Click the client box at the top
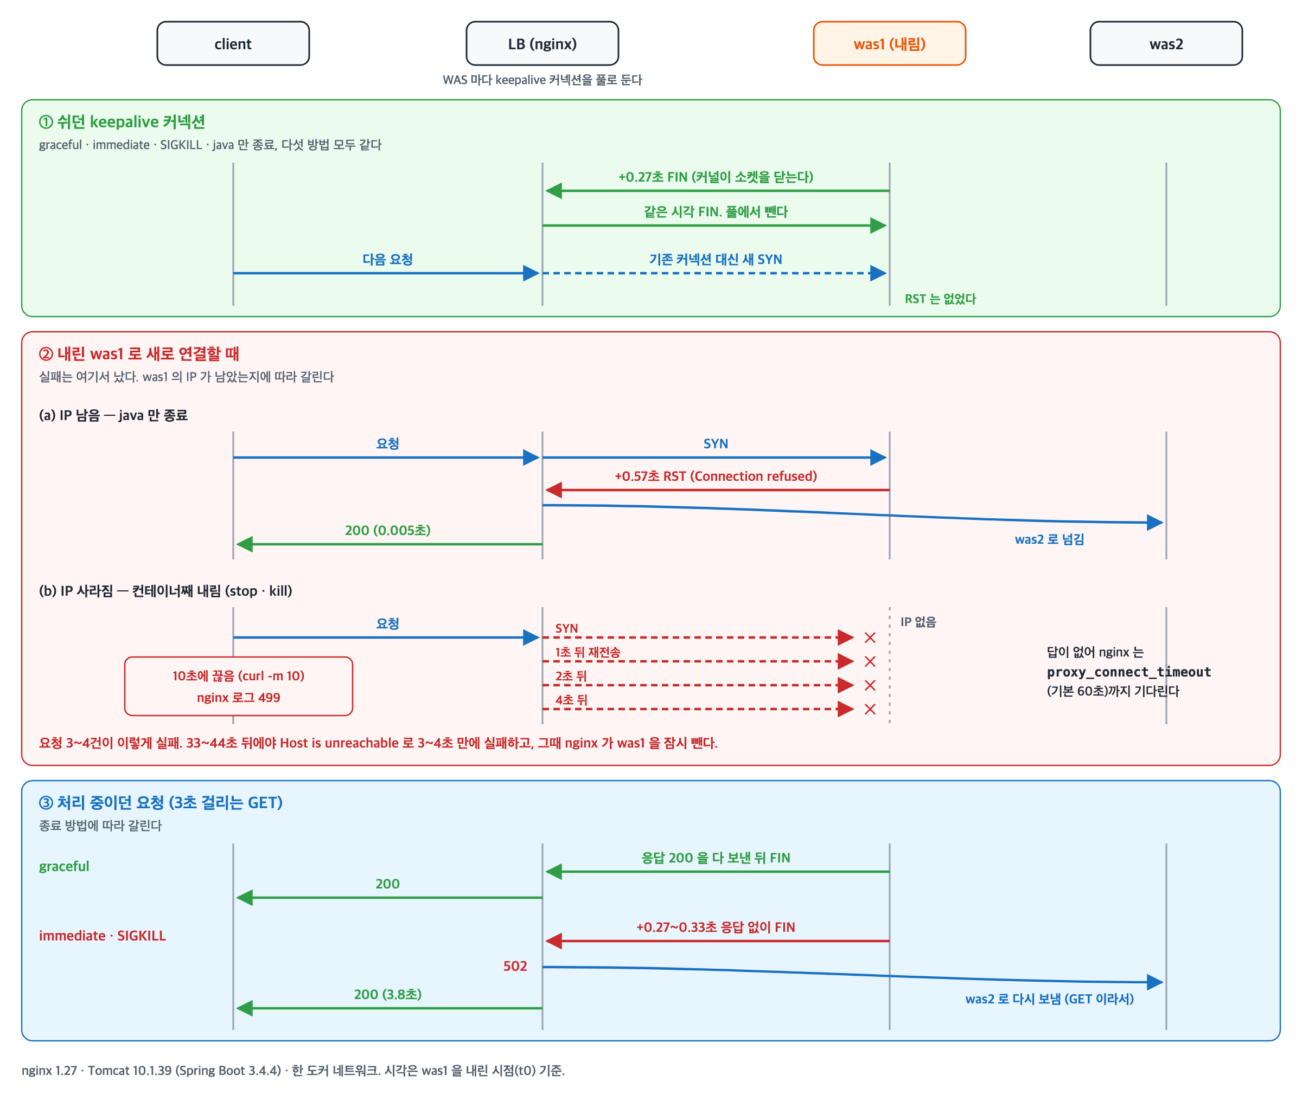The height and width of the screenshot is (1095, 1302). point(233,43)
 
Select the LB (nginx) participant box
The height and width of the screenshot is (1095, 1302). point(542,43)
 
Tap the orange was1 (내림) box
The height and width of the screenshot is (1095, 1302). point(890,43)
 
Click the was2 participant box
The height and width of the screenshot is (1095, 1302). point(1166,43)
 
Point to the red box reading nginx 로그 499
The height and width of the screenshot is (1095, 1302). point(239,686)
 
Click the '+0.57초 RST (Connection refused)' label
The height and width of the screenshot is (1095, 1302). point(716,476)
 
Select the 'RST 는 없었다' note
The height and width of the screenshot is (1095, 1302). point(940,299)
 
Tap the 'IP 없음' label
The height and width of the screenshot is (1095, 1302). point(918,622)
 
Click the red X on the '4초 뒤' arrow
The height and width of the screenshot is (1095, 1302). point(870,709)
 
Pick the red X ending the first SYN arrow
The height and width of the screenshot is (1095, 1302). point(870,637)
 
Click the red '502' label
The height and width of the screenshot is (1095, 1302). point(515,966)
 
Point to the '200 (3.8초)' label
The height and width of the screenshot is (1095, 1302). point(388,994)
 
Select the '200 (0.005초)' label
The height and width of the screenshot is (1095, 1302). point(388,530)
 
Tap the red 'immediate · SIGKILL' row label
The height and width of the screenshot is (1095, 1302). point(103,936)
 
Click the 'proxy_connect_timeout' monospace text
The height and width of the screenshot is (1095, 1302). point(1129,672)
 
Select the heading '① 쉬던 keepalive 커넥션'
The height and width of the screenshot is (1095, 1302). point(122,121)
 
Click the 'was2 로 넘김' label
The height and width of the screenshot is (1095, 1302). point(1049,539)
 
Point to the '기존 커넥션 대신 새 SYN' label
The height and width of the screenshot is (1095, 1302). point(716,260)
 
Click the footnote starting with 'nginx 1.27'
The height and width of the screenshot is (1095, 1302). point(293,1070)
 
